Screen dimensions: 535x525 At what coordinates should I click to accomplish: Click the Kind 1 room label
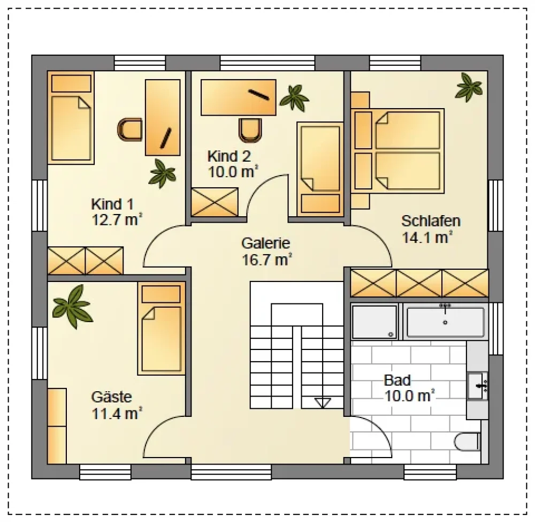pyautogui.click(x=112, y=204)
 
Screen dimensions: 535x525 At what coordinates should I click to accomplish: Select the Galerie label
pyautogui.click(x=265, y=244)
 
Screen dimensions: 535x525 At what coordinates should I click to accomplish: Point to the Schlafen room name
pyautogui.click(x=431, y=221)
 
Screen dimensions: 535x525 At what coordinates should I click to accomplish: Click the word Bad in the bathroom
pyautogui.click(x=397, y=380)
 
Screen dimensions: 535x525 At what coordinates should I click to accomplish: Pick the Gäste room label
pyautogui.click(x=112, y=397)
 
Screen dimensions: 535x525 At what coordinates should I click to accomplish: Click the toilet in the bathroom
pyautogui.click(x=468, y=442)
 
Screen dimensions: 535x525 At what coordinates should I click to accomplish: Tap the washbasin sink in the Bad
pyautogui.click(x=478, y=386)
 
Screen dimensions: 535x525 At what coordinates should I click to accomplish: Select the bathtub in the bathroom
pyautogui.click(x=445, y=322)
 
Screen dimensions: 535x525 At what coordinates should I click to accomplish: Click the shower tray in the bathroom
pyautogui.click(x=374, y=322)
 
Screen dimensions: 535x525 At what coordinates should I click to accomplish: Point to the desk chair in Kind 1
pyautogui.click(x=129, y=130)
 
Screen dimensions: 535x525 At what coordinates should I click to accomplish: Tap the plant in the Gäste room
pyautogui.click(x=73, y=307)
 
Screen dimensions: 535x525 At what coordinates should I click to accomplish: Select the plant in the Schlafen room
pyautogui.click(x=469, y=87)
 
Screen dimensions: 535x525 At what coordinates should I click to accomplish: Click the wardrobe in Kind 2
pyautogui.click(x=215, y=202)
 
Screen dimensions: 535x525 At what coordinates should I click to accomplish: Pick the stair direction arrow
pyautogui.click(x=323, y=403)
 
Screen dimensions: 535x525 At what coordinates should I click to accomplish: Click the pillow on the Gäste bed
pyautogui.click(x=160, y=294)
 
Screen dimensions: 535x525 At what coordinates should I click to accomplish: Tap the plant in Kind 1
pyautogui.click(x=162, y=173)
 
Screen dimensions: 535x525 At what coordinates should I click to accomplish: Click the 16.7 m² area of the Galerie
pyautogui.click(x=267, y=260)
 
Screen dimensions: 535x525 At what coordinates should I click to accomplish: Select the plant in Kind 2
pyautogui.click(x=294, y=98)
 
